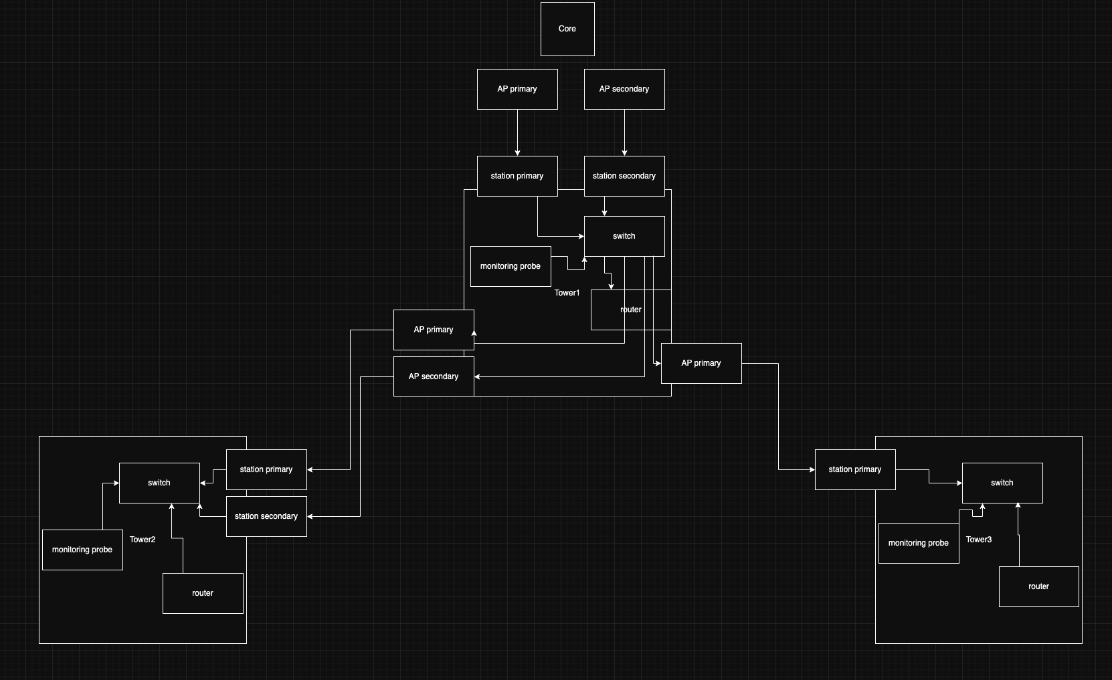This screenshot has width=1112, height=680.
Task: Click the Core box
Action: click(x=567, y=29)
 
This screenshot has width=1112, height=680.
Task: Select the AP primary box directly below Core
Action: click(x=517, y=89)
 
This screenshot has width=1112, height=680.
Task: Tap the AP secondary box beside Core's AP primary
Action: click(x=624, y=89)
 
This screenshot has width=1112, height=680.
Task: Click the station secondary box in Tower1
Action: click(x=624, y=176)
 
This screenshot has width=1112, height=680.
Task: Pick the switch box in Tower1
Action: click(x=624, y=236)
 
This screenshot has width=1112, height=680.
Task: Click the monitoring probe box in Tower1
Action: click(x=511, y=266)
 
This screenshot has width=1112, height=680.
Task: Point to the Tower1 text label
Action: click(x=567, y=293)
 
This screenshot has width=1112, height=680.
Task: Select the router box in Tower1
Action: click(x=631, y=310)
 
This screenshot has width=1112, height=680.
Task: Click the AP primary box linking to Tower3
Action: click(x=701, y=363)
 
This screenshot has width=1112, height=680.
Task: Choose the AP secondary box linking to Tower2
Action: click(x=434, y=376)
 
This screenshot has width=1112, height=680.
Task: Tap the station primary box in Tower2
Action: click(x=266, y=469)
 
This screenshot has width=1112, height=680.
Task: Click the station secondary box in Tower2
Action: click(x=266, y=516)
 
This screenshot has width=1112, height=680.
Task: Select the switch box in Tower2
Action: click(x=159, y=483)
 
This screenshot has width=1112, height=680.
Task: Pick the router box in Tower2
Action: click(x=203, y=593)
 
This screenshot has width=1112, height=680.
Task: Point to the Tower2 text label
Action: click(x=143, y=540)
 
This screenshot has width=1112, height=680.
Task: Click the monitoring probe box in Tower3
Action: click(x=919, y=543)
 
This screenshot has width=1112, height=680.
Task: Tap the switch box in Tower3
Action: click(x=1002, y=483)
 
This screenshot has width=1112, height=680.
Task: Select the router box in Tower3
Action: click(x=1039, y=586)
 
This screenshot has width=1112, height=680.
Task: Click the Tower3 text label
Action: click(x=979, y=540)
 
